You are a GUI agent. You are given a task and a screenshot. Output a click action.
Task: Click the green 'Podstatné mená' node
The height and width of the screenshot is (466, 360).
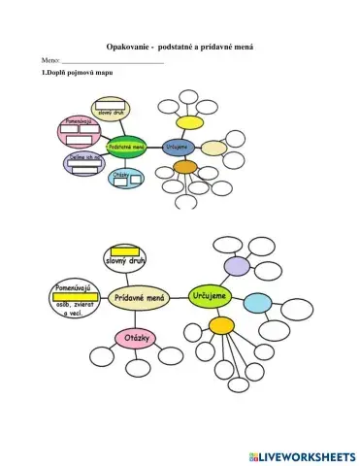click(125, 148)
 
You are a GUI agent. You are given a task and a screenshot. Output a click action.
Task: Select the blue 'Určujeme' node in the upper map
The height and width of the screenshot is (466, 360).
click(178, 148)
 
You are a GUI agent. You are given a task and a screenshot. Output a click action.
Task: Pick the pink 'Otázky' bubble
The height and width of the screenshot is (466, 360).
click(133, 338)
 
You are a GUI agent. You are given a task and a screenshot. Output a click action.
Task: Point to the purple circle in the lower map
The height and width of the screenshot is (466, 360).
click(237, 265)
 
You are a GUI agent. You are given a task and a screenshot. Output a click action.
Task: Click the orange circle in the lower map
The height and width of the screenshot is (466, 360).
click(222, 324)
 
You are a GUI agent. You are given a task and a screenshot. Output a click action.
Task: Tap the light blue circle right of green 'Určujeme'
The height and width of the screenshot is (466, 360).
click(256, 303)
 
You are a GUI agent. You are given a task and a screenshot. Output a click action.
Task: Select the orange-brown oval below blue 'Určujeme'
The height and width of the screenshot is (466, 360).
click(184, 167)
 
